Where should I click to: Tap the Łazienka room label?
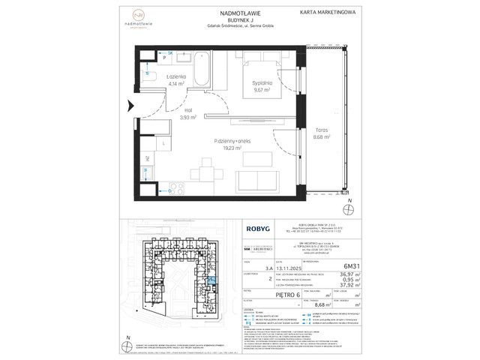175,77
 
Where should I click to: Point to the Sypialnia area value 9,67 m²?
261,91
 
